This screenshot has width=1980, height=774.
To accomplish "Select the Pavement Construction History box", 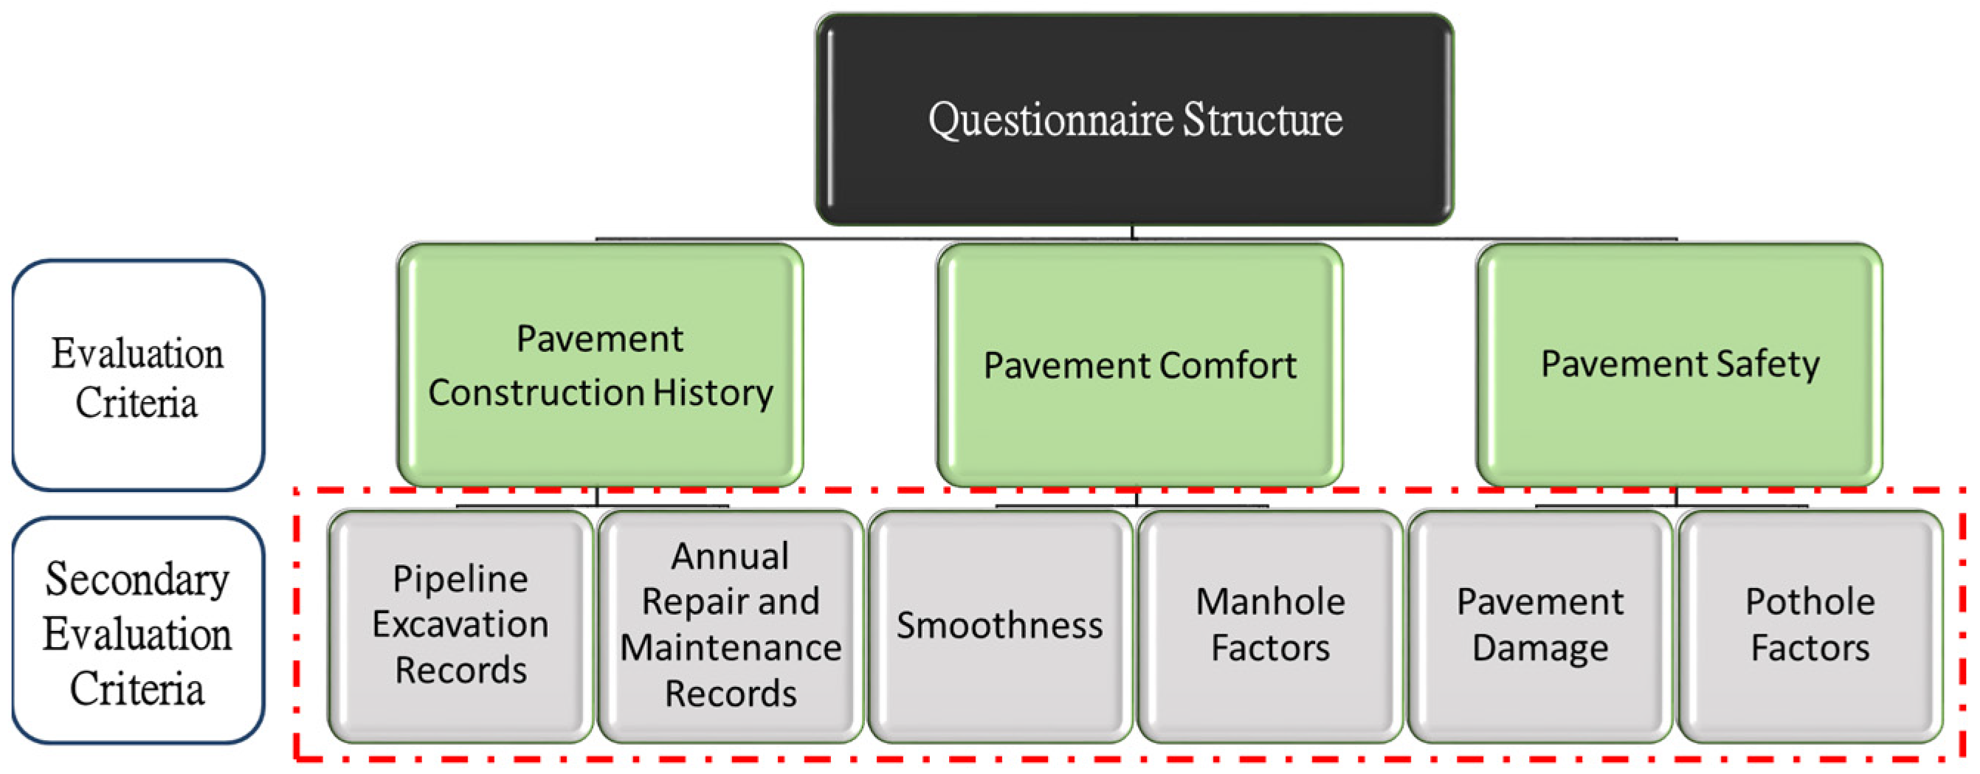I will tap(599, 365).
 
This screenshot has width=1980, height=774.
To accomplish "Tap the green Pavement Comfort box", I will tap(1139, 365).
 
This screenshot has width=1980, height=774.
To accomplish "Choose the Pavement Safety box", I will tap(1679, 365).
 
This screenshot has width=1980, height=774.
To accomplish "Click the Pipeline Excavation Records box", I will tap(460, 626).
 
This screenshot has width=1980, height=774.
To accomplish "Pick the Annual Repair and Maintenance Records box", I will tap(730, 626).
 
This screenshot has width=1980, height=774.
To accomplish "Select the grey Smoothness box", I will tap(999, 626).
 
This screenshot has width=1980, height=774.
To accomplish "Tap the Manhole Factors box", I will tap(1270, 626).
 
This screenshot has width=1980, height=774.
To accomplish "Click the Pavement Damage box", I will tap(1539, 626).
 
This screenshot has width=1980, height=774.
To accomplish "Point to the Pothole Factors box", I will tap(1810, 626).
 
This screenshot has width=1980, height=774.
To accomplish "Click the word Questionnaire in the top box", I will tap(1050, 121).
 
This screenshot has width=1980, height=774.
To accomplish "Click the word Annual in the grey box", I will tap(729, 556).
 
